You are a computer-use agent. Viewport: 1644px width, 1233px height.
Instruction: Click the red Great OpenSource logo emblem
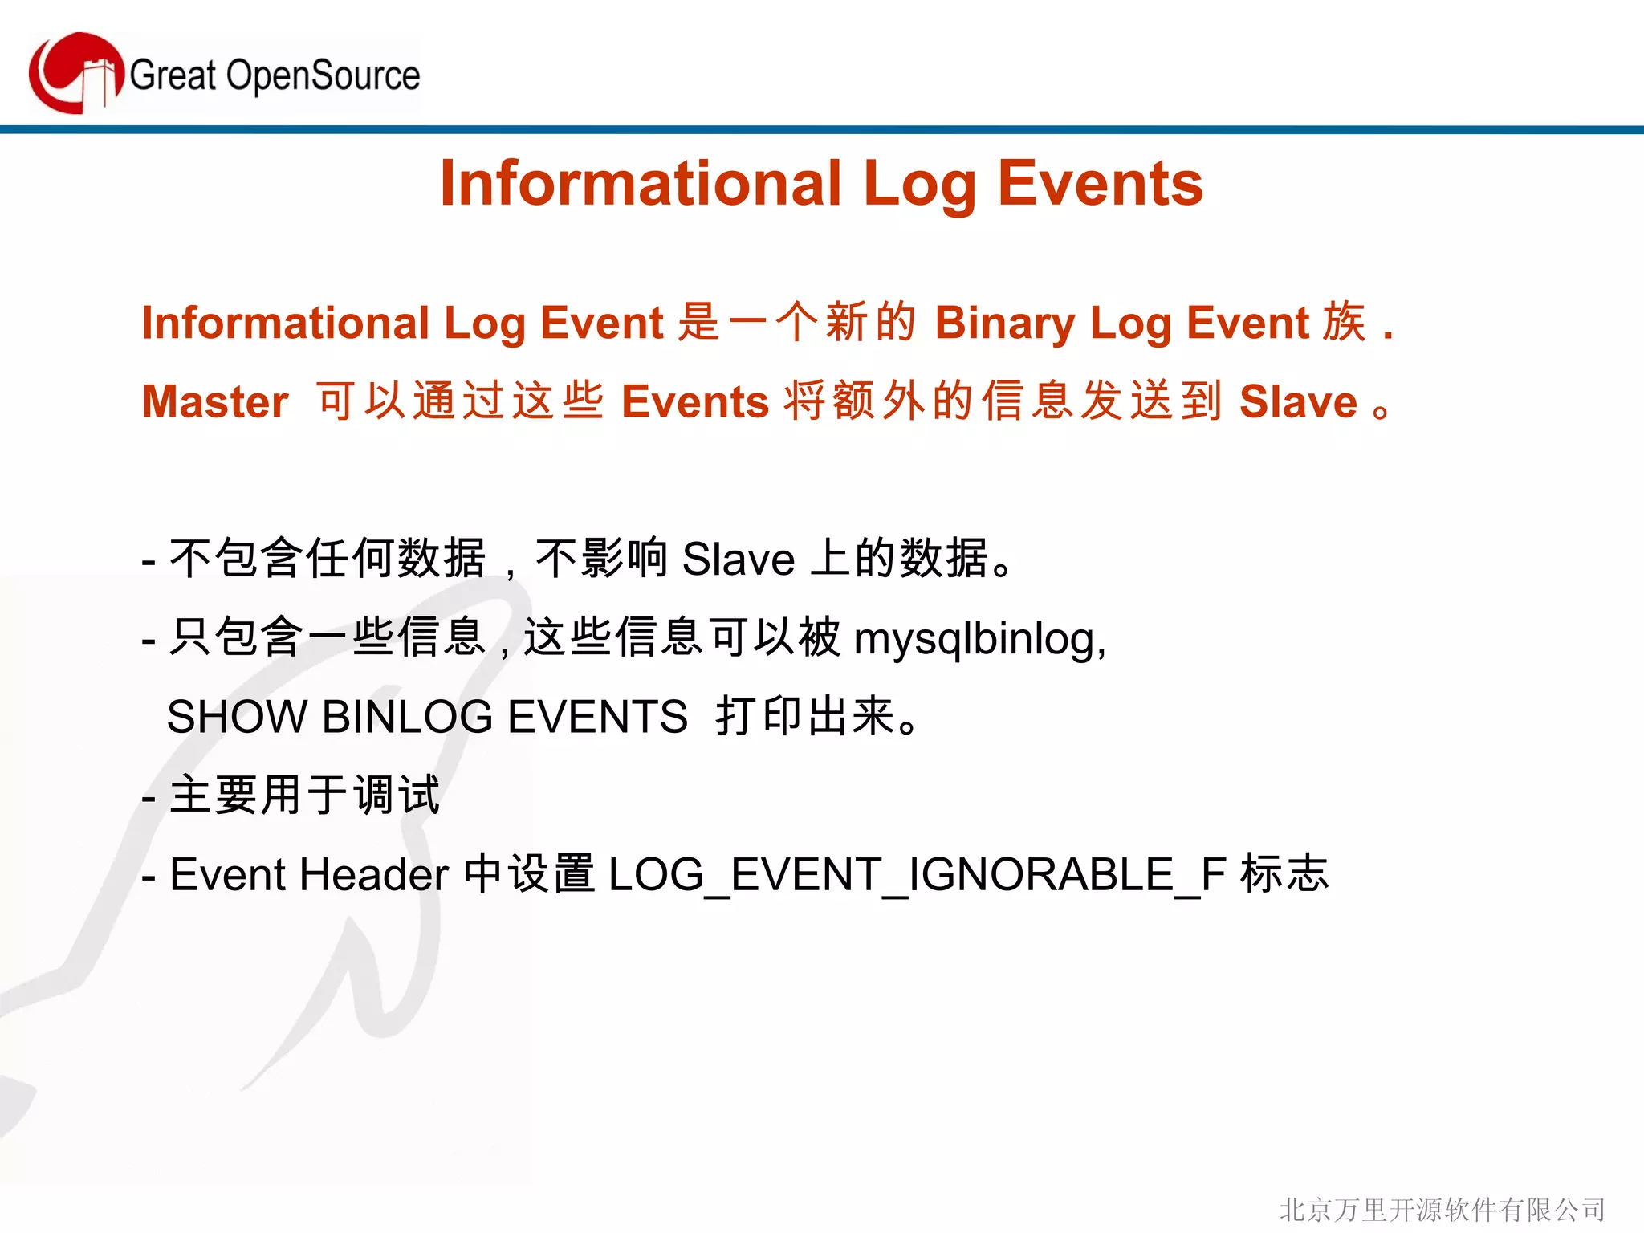75,73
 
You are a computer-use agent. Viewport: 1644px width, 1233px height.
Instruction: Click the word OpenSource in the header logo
323,76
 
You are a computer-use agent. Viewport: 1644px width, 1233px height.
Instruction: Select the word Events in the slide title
1100,184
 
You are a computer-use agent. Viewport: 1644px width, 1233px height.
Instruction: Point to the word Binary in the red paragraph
1004,324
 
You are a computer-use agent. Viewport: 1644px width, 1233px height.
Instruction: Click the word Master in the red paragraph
215,402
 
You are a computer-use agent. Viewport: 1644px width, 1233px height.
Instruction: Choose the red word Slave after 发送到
1298,402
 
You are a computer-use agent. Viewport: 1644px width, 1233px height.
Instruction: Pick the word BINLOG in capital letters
407,717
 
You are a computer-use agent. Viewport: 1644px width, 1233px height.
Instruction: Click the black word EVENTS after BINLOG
597,717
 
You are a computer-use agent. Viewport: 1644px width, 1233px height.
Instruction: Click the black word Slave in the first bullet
738,560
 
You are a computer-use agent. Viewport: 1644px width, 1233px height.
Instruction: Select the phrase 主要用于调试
305,796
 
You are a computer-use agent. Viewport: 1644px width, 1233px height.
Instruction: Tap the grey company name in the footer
1442,1209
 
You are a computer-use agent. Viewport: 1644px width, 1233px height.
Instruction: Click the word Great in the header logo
173,76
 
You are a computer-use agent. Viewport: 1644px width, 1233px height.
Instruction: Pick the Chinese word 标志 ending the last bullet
1284,873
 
